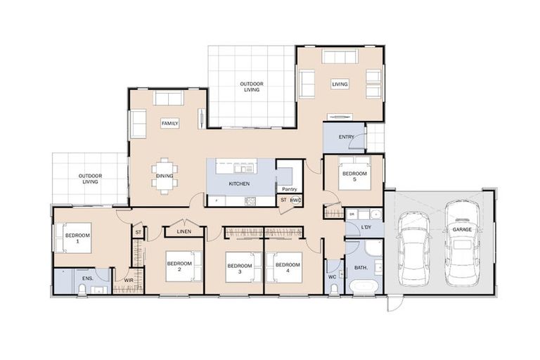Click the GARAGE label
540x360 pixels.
[x=462, y=229]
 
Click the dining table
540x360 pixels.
[x=165, y=176]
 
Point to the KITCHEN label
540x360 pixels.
[x=239, y=184]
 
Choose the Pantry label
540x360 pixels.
[x=288, y=189]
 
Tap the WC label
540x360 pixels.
[x=332, y=276]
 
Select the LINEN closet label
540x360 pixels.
[x=184, y=231]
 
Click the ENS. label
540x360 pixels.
[x=88, y=279]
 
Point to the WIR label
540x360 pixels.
[x=129, y=281]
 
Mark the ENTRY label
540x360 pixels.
[x=346, y=137]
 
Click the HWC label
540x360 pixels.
[x=296, y=200]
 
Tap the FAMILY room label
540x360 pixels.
[x=169, y=123]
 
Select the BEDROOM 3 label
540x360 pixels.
[x=239, y=268]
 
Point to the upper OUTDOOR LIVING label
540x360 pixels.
[x=251, y=86]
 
